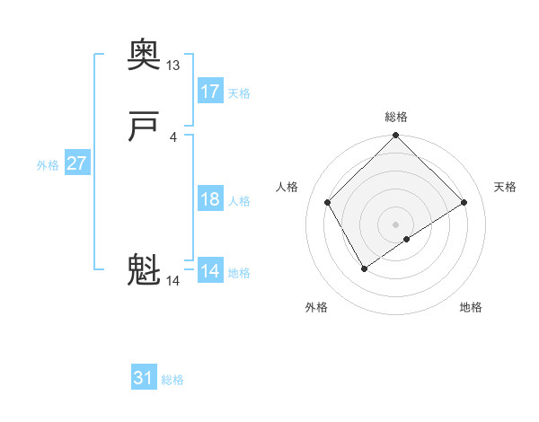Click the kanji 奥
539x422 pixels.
coord(145,55)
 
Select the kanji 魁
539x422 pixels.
coord(145,269)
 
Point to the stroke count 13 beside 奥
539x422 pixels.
coord(172,66)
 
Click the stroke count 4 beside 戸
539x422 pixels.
coord(172,136)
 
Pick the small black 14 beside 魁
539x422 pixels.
coord(172,281)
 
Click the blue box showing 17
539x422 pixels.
coord(209,92)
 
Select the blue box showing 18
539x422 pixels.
coord(209,199)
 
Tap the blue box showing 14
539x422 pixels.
coord(209,271)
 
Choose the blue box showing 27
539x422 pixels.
coord(76,163)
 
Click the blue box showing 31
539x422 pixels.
coord(144,379)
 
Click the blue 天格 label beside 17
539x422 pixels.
coord(239,93)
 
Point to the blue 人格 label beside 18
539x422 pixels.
coord(239,201)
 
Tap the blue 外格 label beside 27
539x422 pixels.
coord(48,165)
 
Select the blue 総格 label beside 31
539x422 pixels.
coord(172,381)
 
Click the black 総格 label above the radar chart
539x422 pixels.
coord(395,117)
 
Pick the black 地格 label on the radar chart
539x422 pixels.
coord(471,307)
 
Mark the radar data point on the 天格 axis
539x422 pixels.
coord(464,203)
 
